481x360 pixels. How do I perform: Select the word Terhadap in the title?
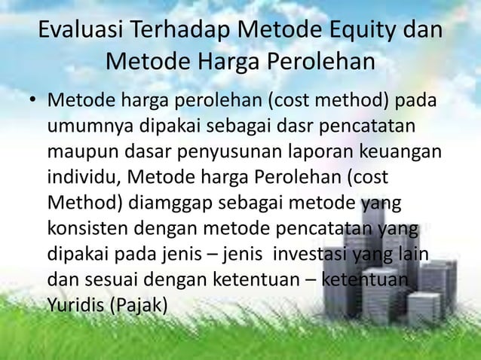click(179, 33)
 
